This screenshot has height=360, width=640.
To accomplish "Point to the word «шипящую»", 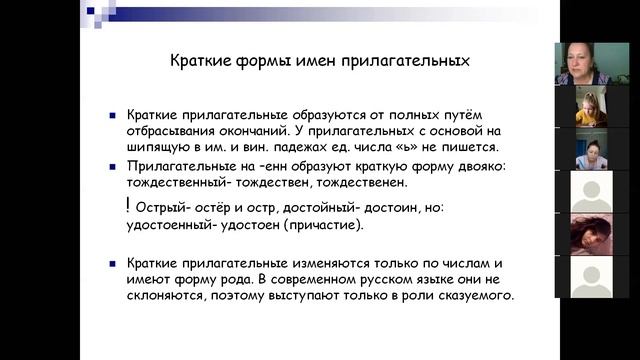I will [159, 147].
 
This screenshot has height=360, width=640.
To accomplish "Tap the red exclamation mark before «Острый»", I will [128, 205].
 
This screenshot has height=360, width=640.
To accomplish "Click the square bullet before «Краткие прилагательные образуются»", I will [113, 117].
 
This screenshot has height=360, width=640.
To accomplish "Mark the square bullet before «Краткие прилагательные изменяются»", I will [113, 263].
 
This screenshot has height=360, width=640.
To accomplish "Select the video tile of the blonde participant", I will [591, 107].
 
